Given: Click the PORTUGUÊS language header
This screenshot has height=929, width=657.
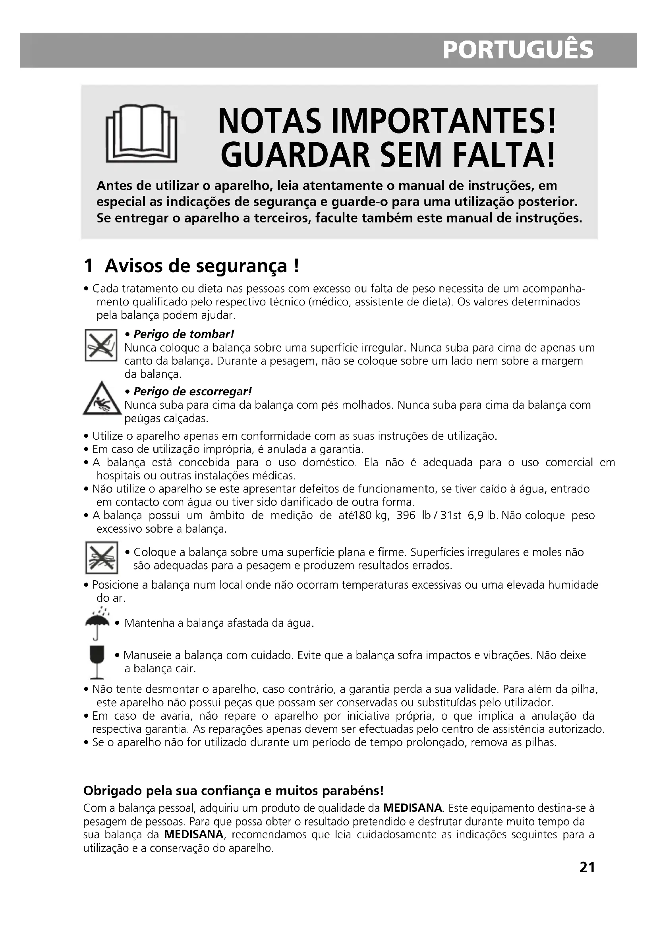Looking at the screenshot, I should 518,50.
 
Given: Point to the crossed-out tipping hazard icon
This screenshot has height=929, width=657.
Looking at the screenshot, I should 101,345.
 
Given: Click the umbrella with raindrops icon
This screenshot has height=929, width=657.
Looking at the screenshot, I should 97,623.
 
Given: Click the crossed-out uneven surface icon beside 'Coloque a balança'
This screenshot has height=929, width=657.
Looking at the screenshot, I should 102,558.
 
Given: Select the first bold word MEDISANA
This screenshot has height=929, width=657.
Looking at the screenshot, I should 412,808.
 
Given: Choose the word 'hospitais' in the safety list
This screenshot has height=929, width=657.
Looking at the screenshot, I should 115,475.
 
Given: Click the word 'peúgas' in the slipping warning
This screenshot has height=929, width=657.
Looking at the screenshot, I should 142,418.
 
